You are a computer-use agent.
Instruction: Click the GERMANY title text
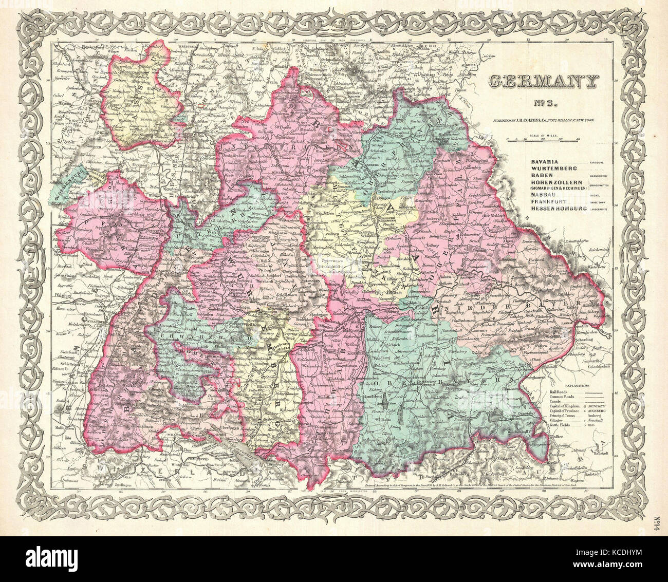click(543, 81)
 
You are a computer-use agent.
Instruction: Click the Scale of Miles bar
click(543, 140)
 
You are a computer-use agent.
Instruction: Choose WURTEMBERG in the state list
click(549, 168)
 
